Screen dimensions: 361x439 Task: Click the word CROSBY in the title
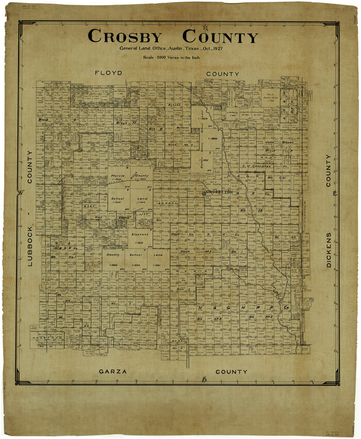[125, 37]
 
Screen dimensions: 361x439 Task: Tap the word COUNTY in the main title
[220, 37]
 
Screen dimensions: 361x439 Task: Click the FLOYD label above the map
[109, 73]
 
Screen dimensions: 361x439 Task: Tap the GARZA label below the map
[112, 371]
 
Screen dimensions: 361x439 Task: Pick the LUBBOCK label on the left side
[29, 245]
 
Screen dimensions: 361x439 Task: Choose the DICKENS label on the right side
[329, 249]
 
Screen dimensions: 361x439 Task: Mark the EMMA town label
[123, 218]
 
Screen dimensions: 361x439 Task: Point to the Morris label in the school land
[117, 176]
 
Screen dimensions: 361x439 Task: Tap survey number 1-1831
[205, 160]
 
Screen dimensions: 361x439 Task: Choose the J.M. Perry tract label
[231, 113]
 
